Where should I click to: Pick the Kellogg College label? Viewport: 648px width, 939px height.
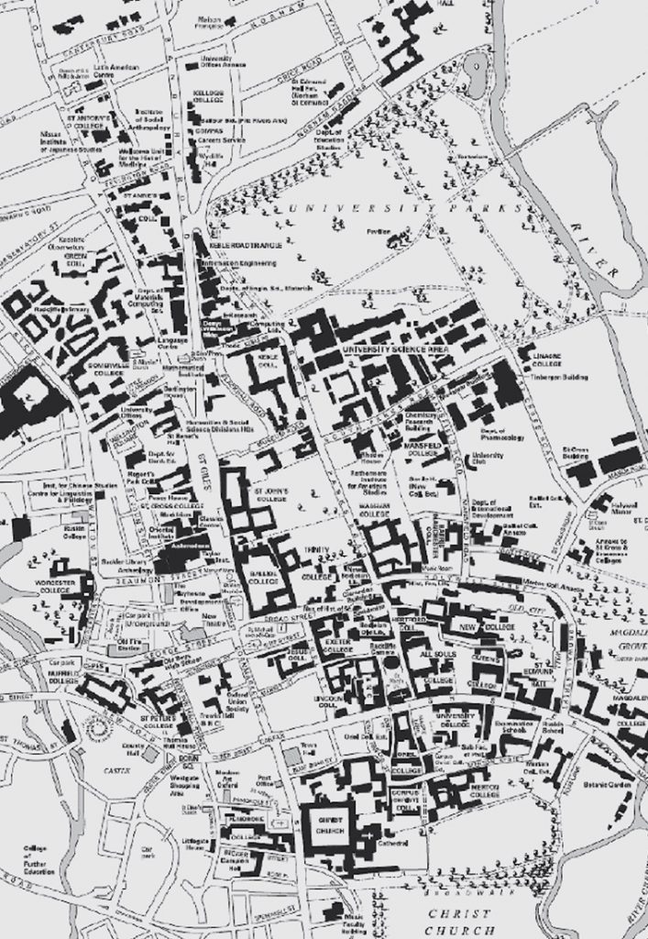209,97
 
